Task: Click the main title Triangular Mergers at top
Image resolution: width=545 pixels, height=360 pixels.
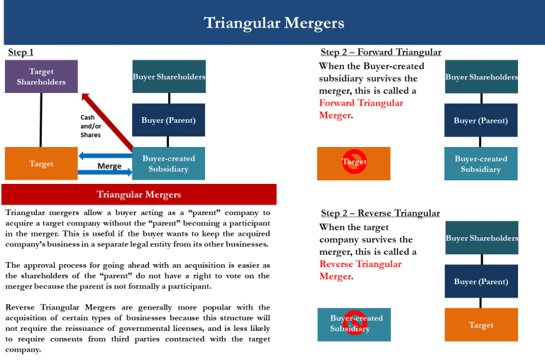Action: [x=274, y=23]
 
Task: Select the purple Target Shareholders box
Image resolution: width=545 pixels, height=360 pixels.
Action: [x=41, y=77]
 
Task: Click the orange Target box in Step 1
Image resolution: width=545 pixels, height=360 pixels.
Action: [x=41, y=164]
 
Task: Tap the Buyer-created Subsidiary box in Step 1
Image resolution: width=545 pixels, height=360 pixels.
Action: [x=169, y=164]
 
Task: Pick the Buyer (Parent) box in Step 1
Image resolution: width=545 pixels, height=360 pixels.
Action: [x=169, y=120]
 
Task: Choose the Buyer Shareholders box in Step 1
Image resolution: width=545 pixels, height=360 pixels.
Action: [x=169, y=77]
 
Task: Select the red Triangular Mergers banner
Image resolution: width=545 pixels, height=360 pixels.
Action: [x=138, y=195]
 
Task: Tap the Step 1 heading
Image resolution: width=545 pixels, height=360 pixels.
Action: [x=21, y=53]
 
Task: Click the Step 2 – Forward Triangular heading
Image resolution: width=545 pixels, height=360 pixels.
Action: [x=380, y=53]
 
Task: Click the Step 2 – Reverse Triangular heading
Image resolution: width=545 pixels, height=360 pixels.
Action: [x=380, y=213]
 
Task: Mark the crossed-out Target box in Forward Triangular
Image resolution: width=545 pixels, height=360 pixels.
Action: [x=353, y=163]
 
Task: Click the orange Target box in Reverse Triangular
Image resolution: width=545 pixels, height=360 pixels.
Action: [x=481, y=325]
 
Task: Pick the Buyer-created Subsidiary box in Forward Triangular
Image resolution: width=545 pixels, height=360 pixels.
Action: [x=481, y=164]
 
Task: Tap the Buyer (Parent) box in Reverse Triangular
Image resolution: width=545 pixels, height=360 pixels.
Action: [x=481, y=282]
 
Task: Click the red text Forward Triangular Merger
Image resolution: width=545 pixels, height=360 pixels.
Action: [x=360, y=109]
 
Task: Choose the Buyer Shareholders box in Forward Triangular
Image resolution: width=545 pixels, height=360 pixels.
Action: [x=481, y=77]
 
